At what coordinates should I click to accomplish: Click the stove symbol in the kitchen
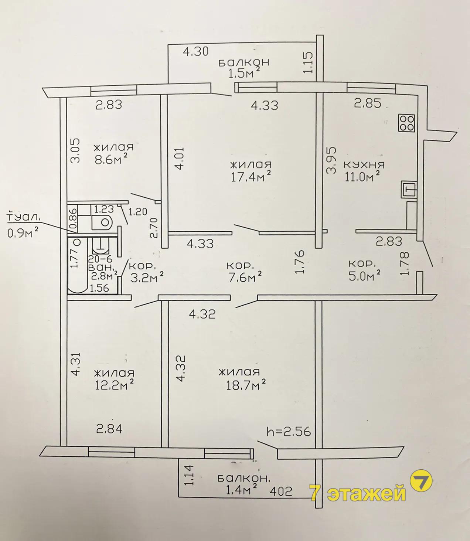click(x=407, y=123)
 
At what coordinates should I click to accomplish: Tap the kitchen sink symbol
click(x=409, y=189)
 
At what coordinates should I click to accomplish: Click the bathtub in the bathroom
click(x=77, y=266)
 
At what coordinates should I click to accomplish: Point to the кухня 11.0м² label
click(x=364, y=171)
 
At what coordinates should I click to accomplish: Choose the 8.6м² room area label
click(x=114, y=154)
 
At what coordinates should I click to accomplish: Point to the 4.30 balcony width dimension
click(x=196, y=51)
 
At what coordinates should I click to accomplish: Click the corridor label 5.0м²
click(x=365, y=270)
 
